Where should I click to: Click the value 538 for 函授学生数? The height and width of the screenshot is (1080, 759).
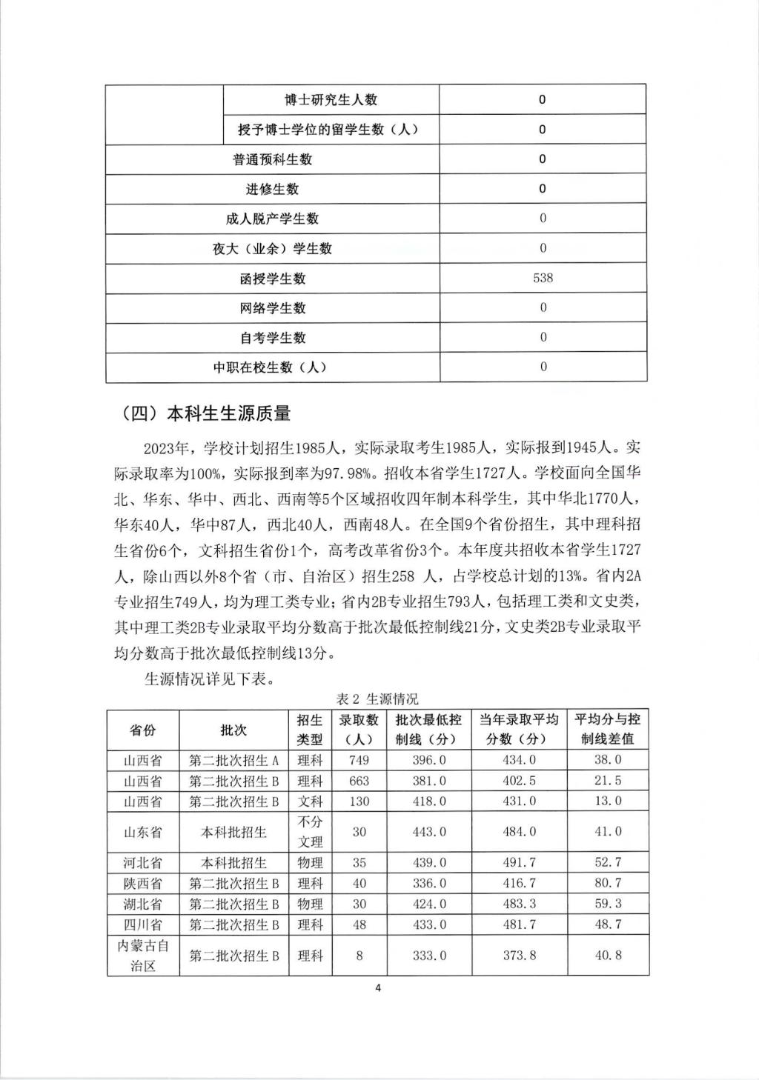pos(543,278)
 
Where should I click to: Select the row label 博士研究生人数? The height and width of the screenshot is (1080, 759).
pos(331,99)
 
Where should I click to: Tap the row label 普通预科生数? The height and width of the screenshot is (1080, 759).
pos(272,159)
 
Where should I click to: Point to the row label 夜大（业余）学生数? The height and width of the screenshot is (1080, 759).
pos(272,249)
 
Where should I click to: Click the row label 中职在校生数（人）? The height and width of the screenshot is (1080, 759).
pos(272,367)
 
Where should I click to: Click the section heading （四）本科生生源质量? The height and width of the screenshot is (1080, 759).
pos(205,413)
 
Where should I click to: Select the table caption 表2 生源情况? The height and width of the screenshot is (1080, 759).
pos(377,699)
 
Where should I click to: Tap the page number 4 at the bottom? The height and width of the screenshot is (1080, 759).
pos(378,988)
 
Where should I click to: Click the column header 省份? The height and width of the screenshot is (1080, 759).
pos(143,730)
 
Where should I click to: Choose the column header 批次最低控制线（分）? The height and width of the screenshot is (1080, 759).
pos(428,730)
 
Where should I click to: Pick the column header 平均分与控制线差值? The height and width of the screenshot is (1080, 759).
pos(608,730)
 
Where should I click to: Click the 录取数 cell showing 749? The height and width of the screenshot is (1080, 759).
pos(359,760)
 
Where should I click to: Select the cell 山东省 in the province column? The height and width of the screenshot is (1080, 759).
pos(143,832)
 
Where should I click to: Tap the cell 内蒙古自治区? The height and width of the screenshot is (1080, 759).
pos(143,956)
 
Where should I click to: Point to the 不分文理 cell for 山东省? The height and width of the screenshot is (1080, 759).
pos(310,832)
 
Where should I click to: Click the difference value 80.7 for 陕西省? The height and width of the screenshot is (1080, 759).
pos(608,884)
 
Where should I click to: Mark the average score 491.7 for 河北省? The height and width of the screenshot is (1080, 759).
pos(520,863)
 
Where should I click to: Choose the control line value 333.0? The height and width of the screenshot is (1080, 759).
pos(428,956)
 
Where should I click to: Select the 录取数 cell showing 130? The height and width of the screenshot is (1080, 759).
pos(359,801)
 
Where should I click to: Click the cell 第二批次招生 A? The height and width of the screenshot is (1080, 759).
pos(233,760)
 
